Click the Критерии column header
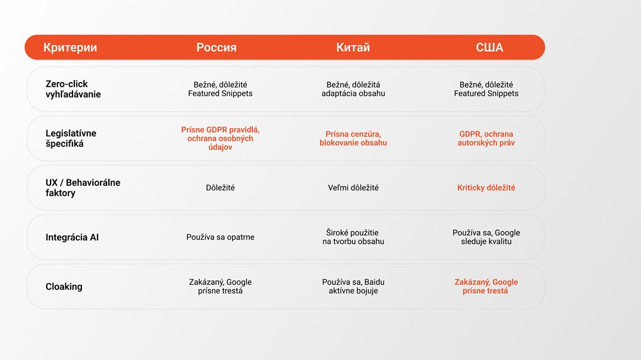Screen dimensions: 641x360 click(70, 47)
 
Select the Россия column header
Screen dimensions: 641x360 click(216, 47)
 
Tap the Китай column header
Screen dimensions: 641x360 click(353, 47)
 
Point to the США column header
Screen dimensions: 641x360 click(489, 47)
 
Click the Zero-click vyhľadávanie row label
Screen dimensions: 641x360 click(73, 89)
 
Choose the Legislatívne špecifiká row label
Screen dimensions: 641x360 click(71, 138)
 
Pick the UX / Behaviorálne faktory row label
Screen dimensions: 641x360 click(83, 188)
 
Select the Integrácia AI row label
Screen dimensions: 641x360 click(72, 238)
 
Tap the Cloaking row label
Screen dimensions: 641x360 click(63, 286)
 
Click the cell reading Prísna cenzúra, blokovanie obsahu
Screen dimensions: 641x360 click(353, 138)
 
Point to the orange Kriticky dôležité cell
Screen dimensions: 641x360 click(486, 188)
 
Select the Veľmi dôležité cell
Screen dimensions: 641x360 click(353, 188)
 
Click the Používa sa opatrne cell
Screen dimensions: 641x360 click(221, 237)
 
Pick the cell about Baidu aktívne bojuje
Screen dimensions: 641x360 click(353, 286)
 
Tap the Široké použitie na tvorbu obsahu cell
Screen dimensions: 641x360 click(353, 237)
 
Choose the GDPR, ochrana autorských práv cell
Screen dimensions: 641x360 click(486, 138)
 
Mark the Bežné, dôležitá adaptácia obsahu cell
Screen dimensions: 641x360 click(353, 89)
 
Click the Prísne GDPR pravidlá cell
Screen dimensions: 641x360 click(221, 138)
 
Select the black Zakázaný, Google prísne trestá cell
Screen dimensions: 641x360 click(221, 286)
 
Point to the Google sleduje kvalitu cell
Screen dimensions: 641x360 click(486, 237)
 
